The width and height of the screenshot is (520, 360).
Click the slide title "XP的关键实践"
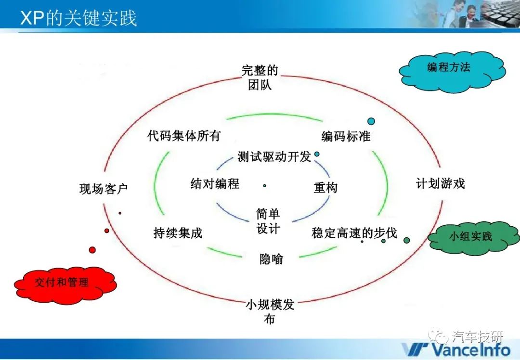pos(78,18)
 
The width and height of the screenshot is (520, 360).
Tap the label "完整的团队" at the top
pos(260,77)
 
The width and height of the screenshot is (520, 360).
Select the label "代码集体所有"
pos(184,136)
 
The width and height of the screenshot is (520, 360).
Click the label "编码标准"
pos(346,136)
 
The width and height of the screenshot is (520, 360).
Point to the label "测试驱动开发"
pos(274,156)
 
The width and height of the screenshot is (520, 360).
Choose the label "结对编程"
pos(215,183)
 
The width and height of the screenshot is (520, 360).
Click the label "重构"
pos(325,188)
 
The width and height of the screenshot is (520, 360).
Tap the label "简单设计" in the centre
pos(268,221)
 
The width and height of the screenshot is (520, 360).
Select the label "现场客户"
pos(104,189)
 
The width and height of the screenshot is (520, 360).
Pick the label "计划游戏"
pos(441,183)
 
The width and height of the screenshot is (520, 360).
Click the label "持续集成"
pos(178,233)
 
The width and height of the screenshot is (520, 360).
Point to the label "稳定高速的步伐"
pos(354,233)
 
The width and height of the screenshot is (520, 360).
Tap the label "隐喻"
pos(271,258)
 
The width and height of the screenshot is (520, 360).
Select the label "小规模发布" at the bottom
pos(270,311)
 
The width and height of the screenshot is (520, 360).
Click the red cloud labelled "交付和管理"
pos(65,283)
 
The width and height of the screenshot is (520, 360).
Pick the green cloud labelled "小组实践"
pos(474,238)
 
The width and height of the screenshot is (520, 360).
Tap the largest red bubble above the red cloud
pos(92,250)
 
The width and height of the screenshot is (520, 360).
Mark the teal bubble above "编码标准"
pos(371,121)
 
